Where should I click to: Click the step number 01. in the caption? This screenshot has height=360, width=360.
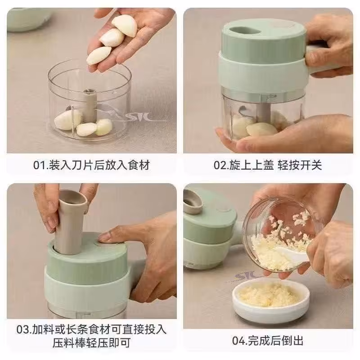[x=41, y=165]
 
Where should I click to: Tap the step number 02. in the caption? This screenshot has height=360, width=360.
[x=221, y=165]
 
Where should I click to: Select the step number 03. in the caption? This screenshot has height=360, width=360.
[x=24, y=329]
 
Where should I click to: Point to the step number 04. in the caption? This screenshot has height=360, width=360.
[x=240, y=341]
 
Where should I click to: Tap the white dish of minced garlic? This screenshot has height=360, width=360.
[x=271, y=297]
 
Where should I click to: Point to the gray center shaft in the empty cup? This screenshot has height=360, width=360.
[x=90, y=106]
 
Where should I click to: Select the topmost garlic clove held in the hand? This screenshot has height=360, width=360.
[x=125, y=25]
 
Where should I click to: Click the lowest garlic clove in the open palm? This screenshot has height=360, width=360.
[x=99, y=56]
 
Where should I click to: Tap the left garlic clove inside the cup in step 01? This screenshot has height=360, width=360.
[x=68, y=120]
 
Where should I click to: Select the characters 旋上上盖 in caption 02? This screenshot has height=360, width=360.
[x=252, y=165]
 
